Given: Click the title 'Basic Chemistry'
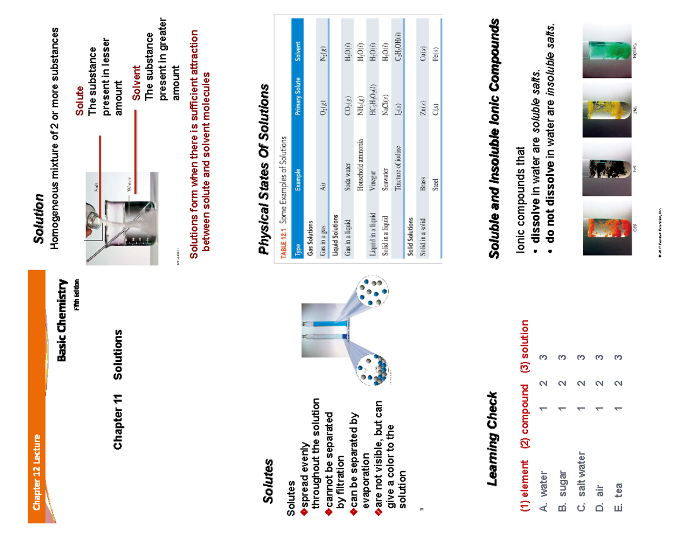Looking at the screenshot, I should coord(63,321).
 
